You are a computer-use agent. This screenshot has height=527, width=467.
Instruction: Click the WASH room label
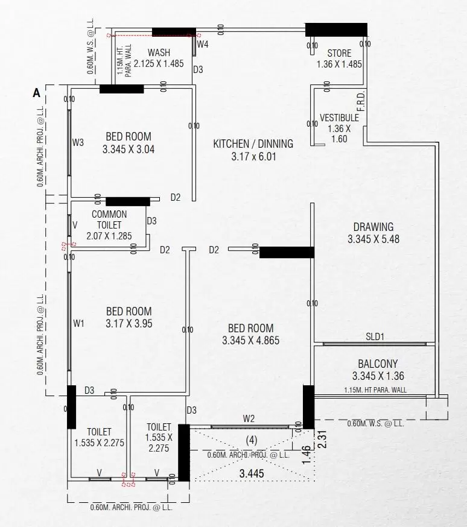tap(159, 53)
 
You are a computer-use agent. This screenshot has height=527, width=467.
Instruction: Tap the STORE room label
tap(339, 53)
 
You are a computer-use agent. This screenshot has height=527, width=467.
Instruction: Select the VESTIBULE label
tap(339, 118)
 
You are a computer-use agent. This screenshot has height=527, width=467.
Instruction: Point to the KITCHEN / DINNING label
tap(253, 144)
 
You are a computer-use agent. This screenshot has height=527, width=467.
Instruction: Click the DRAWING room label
tap(373, 227)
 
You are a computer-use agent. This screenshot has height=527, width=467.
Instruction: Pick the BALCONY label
tap(378, 364)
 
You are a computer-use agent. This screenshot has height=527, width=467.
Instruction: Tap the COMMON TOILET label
tap(109, 219)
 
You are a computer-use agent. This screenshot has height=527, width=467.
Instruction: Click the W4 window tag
tap(203, 44)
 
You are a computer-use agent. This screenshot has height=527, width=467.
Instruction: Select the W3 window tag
tap(78, 142)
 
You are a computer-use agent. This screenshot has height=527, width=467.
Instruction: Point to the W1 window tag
tap(78, 324)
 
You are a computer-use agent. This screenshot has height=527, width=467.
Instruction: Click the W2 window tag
tap(249, 419)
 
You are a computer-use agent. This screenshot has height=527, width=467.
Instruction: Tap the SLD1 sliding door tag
tap(375, 336)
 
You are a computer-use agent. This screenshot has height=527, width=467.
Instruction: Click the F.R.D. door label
tap(361, 101)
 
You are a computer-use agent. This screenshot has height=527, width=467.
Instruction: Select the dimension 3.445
tap(252, 473)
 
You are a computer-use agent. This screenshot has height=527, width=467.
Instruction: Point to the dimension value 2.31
tap(322, 440)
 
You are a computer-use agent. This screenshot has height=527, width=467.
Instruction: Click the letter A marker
tap(37, 93)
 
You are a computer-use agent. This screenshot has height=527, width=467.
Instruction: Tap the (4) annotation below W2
tap(252, 440)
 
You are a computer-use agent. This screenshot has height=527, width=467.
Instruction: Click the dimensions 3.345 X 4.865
tap(251, 341)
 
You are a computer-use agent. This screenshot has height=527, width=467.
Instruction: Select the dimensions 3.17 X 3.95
tap(129, 323)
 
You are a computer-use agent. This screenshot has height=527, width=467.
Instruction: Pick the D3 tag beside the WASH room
tap(198, 69)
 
